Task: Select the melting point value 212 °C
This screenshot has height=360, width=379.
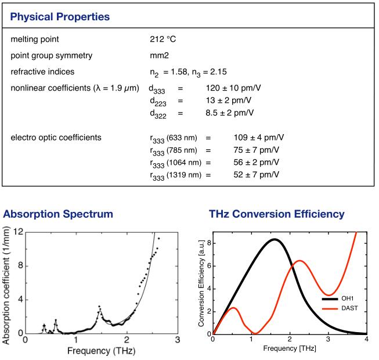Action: [x=163, y=39]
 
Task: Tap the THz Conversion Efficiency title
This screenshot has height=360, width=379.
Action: [x=276, y=215]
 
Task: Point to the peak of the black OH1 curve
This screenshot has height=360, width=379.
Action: [x=275, y=239]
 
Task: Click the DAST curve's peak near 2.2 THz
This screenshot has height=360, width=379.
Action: [x=299, y=261]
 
